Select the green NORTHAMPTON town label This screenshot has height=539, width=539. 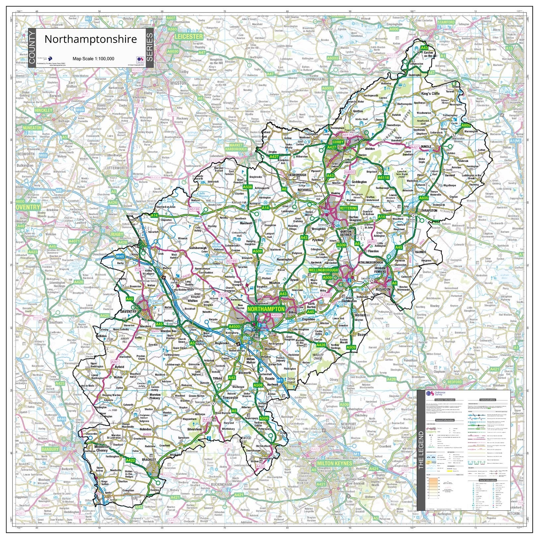click(266, 309)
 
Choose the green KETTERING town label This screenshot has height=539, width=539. click(349, 208)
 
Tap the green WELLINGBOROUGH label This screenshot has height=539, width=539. click(323, 270)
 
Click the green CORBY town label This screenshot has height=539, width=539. click(338, 142)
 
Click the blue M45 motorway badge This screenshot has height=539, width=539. click(120, 256)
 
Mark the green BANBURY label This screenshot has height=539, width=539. click(50, 449)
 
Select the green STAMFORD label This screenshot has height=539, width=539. click(446, 22)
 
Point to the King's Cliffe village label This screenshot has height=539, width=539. click(430, 94)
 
